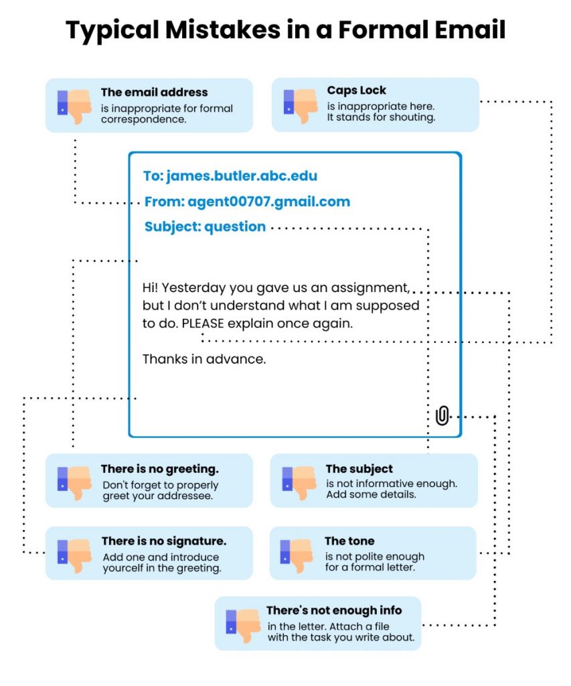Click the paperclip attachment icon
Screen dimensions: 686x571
point(442,415)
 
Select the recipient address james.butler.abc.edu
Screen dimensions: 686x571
point(241,176)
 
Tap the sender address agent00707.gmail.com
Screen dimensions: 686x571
point(268,202)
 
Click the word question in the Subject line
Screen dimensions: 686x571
point(235,227)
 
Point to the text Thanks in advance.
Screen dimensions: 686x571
point(204,359)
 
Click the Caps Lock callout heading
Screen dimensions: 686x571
point(357,90)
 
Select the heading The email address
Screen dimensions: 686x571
point(154,92)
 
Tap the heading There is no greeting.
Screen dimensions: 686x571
point(159,469)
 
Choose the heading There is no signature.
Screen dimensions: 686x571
point(163,541)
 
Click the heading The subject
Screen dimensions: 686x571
point(359,469)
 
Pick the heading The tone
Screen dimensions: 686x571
point(349,541)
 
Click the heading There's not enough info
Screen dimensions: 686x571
point(333,610)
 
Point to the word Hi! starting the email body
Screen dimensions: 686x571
point(151,288)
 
